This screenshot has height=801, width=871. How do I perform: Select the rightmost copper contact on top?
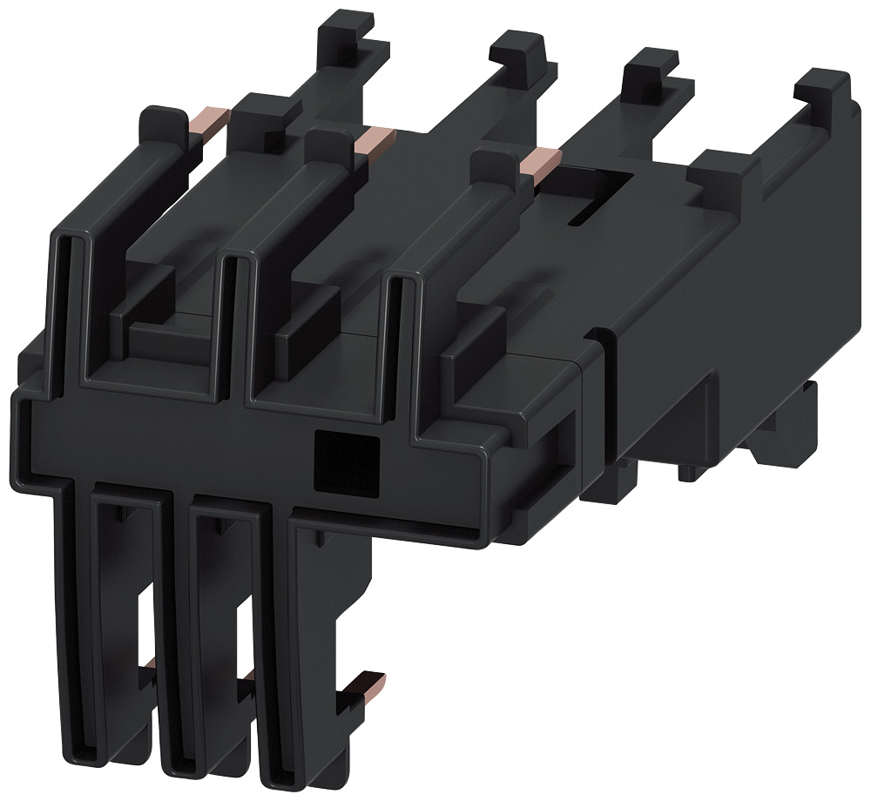(x=539, y=162)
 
